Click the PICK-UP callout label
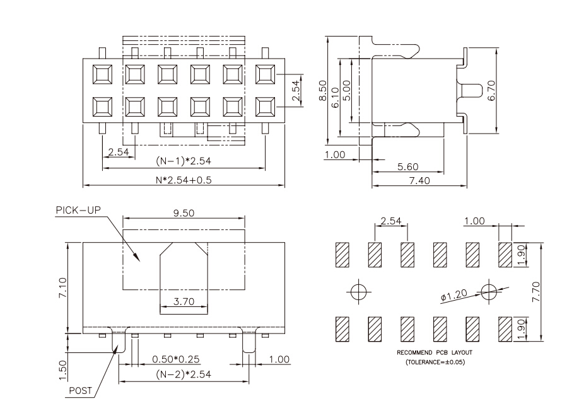(x=78, y=211)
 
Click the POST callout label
(x=81, y=390)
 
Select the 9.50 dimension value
(x=184, y=213)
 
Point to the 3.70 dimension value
(x=184, y=301)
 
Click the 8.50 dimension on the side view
(x=323, y=91)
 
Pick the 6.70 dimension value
(x=491, y=90)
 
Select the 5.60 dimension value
(x=407, y=167)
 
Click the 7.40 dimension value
(x=419, y=180)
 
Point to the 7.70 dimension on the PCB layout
(x=536, y=292)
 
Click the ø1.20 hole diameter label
(x=454, y=295)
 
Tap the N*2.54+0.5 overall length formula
(x=184, y=180)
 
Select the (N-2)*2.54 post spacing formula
(x=184, y=374)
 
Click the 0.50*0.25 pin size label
(x=176, y=359)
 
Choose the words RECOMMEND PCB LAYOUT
(x=435, y=353)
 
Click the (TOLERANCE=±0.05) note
(x=435, y=362)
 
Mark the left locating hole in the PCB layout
(x=358, y=292)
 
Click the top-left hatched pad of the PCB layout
(x=342, y=255)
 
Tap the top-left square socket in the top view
(x=102, y=74)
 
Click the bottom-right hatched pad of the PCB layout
(x=505, y=329)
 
